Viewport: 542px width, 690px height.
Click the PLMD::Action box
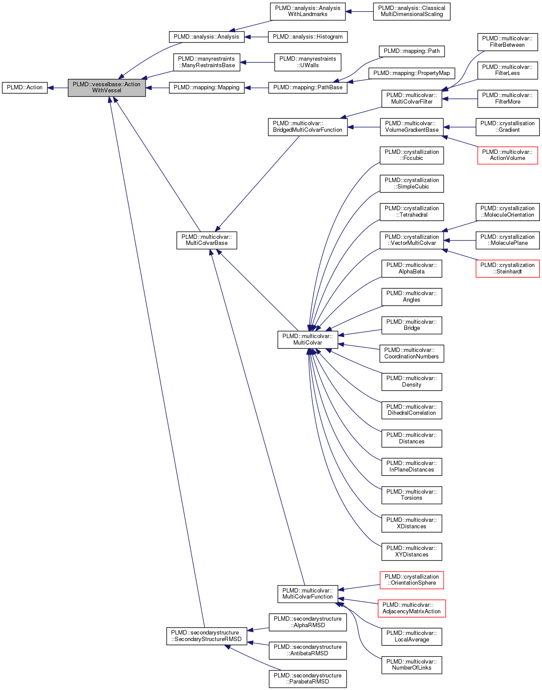(25, 88)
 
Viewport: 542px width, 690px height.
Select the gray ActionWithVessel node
(107, 88)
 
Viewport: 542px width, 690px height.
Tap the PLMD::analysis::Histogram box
(308, 37)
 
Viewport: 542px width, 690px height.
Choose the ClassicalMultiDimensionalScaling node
(412, 11)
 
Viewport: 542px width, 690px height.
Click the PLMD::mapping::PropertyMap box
(412, 73)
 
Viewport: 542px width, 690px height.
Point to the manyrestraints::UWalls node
(308, 62)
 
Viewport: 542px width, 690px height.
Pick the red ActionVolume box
(507, 155)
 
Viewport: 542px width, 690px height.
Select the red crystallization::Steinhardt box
(507, 268)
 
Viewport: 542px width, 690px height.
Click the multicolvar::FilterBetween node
(507, 42)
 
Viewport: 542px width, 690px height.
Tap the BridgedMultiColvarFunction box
(308, 127)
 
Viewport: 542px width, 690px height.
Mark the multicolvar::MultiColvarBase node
(207, 240)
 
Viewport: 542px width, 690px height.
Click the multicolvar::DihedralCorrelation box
(412, 410)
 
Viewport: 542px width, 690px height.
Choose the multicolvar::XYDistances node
(412, 551)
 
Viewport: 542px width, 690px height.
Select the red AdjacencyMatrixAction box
(412, 608)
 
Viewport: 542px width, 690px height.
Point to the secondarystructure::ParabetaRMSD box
(308, 679)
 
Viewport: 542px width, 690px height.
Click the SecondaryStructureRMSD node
(207, 636)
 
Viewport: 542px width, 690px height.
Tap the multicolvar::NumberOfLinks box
(412, 665)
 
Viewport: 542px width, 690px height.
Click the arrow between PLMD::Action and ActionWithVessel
(58, 88)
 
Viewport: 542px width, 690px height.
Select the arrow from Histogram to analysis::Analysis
(256, 37)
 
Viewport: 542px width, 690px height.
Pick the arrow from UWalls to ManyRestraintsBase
(257, 62)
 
